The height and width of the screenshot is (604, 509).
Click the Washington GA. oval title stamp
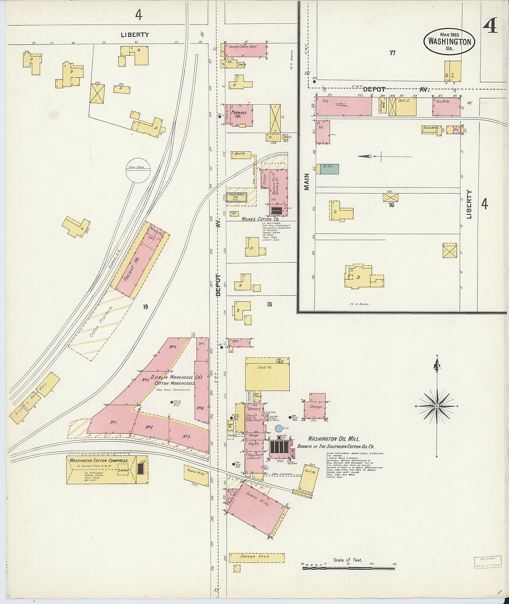pyautogui.click(x=449, y=42)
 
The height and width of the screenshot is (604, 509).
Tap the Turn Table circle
pyautogui.click(x=138, y=170)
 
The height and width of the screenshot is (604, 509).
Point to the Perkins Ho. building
pyautogui.click(x=239, y=115)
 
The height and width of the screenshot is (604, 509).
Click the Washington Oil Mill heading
pyautogui.click(x=334, y=439)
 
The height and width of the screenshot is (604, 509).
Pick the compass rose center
pyautogui.click(x=437, y=406)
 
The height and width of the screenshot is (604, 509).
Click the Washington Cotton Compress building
pyautogui.click(x=101, y=469)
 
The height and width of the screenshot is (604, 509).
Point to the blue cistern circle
pyautogui.click(x=279, y=429)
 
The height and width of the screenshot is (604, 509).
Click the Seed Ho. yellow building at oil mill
pyautogui.click(x=267, y=374)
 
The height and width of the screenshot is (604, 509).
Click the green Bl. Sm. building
pyautogui.click(x=329, y=169)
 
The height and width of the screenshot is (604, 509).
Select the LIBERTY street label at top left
pyautogui.click(x=135, y=35)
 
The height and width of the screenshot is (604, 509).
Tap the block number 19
pyautogui.click(x=145, y=306)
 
